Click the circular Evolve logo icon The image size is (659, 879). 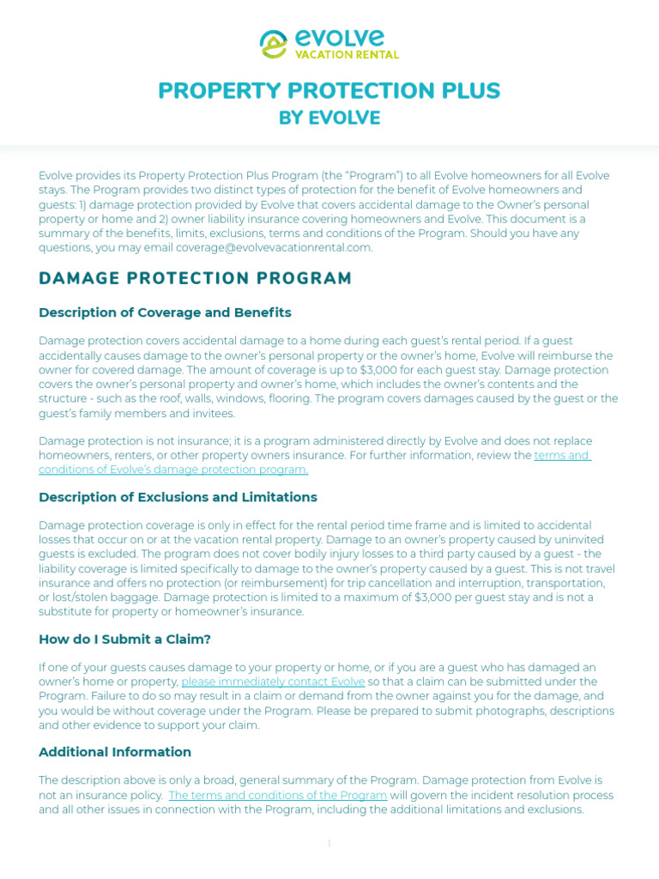[274, 44]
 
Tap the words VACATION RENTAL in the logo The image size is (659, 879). [347, 55]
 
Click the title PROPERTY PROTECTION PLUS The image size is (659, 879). [329, 91]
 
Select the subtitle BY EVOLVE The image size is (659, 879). [329, 118]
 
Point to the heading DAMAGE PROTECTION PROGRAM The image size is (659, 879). [196, 278]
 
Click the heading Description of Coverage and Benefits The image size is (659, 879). [165, 312]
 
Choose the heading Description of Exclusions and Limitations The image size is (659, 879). [178, 497]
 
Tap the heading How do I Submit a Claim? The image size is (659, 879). [124, 639]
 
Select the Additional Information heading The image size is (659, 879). [115, 752]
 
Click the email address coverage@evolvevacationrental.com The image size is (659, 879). [275, 248]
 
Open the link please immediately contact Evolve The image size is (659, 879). [273, 682]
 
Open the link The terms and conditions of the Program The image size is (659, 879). [278, 795]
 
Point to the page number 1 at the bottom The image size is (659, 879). [329, 845]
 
